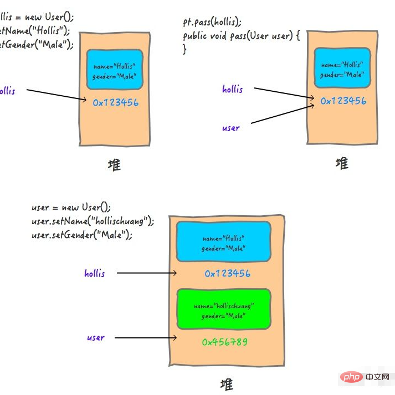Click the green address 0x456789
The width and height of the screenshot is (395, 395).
pos(224,342)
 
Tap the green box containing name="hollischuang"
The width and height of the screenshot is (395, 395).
pos(223,310)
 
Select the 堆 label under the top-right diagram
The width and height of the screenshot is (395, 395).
pos(342,163)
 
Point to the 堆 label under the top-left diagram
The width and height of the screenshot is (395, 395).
pos(114,165)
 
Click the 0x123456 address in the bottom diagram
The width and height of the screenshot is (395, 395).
pos(227,273)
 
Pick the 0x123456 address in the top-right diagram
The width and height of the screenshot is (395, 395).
pos(343,101)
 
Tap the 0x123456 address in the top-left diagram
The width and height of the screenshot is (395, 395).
pos(115,102)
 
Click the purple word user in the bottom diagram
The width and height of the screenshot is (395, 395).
pos(95,337)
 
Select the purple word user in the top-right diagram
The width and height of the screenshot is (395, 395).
pos(230,128)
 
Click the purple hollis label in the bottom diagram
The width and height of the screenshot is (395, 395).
pos(94,273)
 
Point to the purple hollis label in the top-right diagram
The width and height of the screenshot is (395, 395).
pos(232,89)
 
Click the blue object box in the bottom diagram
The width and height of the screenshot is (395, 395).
pos(223,242)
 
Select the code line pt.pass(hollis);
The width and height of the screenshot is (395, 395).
pos(212,23)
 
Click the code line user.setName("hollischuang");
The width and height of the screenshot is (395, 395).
pos(93,221)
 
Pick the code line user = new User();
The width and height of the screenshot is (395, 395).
pos(71,207)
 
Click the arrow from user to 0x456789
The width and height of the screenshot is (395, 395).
pos(146,337)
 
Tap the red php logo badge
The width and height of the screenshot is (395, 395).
pos(350,377)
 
